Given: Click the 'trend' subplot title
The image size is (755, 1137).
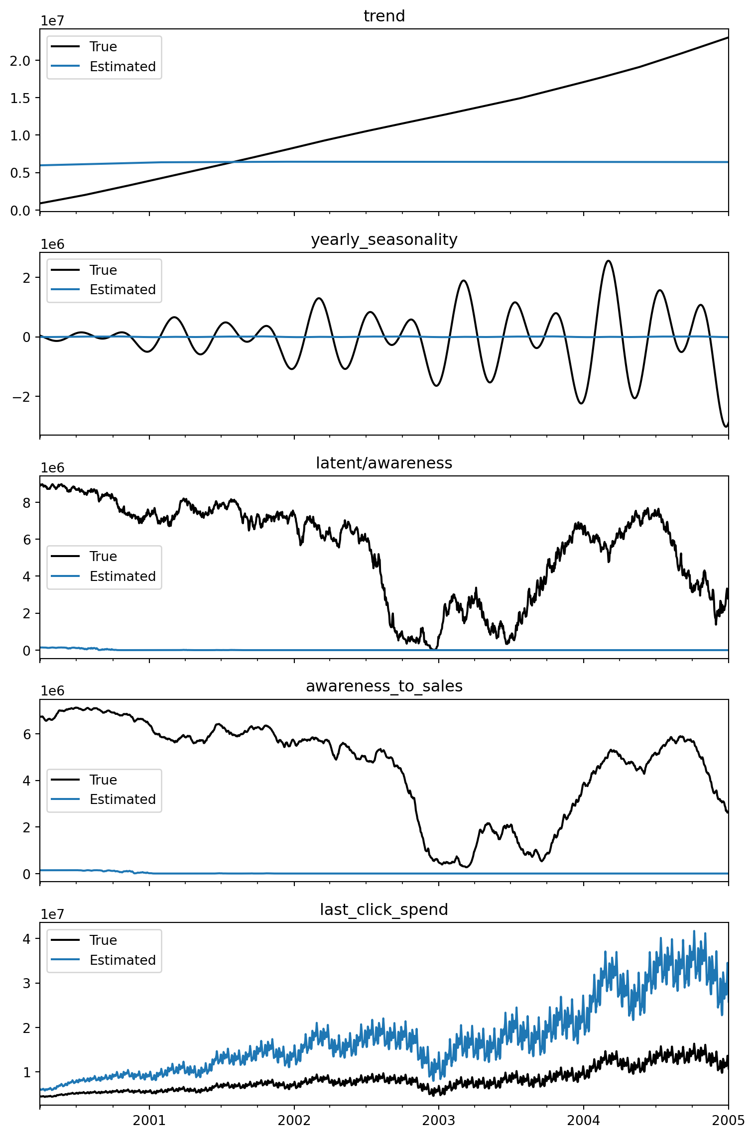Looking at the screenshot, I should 384,16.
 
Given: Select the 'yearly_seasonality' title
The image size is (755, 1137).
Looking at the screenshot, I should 384,240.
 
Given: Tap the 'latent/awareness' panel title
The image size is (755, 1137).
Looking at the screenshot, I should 384,463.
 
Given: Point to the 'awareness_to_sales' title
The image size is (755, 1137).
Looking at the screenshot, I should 384,686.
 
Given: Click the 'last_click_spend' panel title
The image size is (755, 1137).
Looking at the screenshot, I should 384,910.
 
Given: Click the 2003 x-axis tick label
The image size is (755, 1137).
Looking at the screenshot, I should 438,1121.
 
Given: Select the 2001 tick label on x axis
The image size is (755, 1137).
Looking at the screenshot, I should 149,1121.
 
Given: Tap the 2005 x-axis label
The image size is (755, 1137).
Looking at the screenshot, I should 728,1121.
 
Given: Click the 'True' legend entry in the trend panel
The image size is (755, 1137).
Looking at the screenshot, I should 103,47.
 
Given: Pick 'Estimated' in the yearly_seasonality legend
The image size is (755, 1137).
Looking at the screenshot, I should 123,290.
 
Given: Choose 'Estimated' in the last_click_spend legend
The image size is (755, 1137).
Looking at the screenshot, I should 123,960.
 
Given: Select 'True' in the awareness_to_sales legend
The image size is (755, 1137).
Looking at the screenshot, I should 103,780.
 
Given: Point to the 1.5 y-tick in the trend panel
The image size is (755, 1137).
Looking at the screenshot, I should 20,98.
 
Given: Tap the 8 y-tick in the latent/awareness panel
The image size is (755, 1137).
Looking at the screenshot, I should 26,503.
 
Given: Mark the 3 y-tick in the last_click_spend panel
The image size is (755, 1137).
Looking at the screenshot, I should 26,984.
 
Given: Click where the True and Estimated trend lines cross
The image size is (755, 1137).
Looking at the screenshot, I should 234,162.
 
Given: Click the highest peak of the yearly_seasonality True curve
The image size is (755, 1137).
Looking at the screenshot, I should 608,261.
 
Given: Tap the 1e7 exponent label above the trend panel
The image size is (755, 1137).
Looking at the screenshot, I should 52,21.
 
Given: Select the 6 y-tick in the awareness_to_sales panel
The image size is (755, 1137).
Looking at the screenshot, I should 26,734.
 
